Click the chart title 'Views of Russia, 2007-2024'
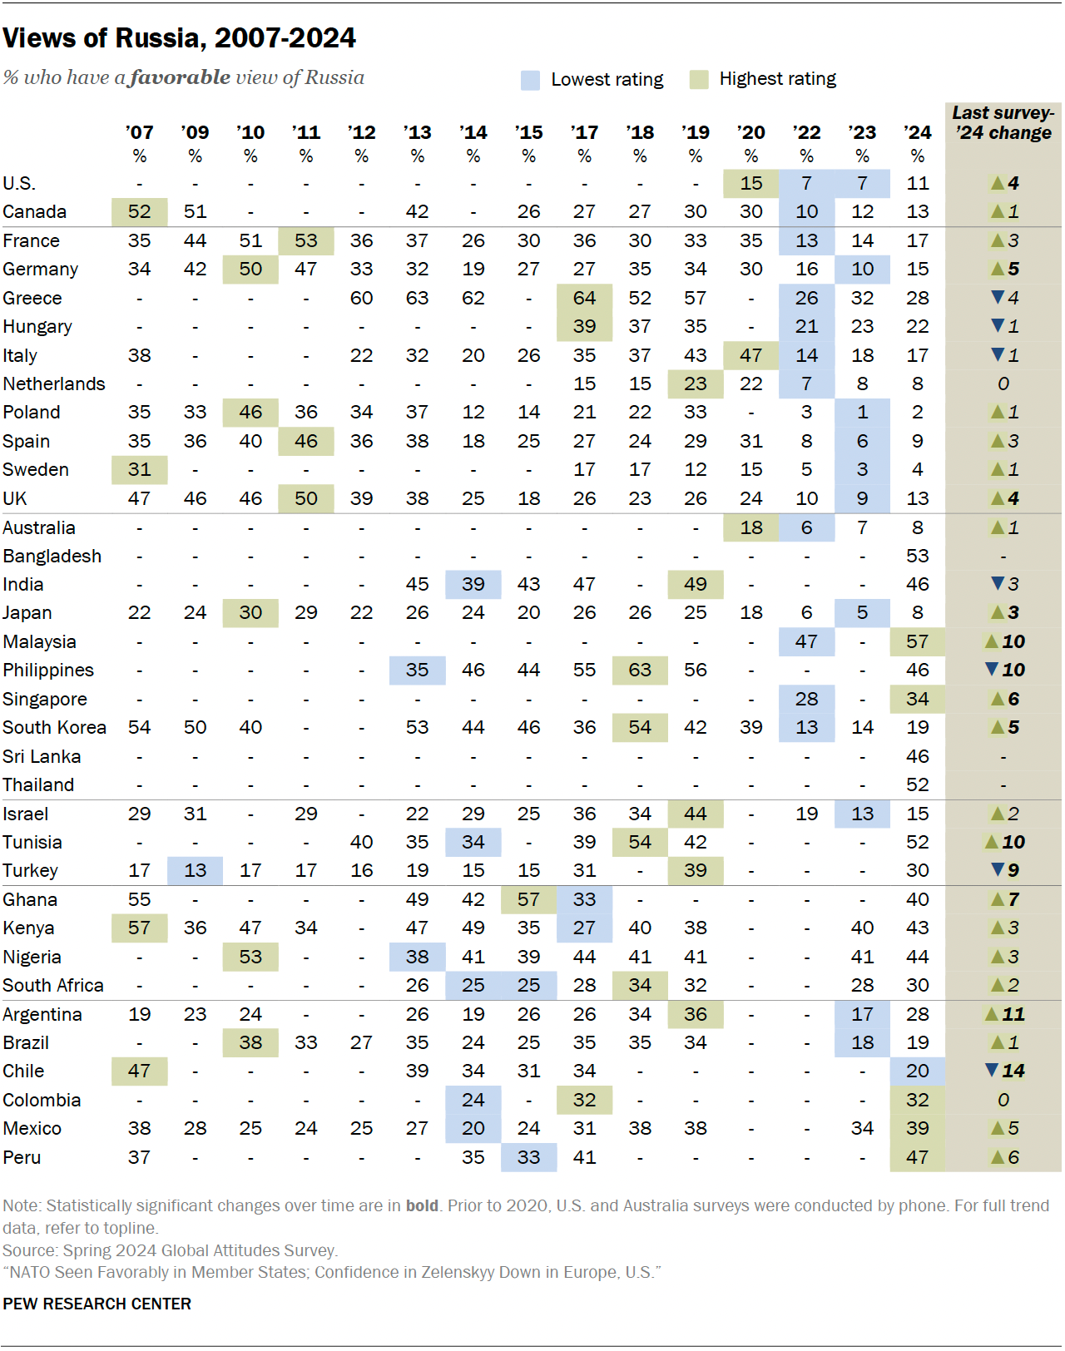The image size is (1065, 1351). (179, 38)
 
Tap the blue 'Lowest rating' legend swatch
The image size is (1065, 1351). (530, 80)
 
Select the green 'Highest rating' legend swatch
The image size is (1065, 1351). (699, 79)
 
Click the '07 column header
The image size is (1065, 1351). (139, 133)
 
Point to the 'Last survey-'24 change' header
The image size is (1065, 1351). (1003, 123)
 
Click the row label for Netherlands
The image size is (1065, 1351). (54, 384)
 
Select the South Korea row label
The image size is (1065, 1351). (54, 727)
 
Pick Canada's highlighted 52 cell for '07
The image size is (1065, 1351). (139, 211)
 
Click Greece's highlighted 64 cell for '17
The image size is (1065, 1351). (584, 298)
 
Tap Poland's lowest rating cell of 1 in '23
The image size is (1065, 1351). (862, 412)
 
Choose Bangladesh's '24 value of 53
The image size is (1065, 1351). (918, 556)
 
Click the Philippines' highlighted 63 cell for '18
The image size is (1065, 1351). (640, 670)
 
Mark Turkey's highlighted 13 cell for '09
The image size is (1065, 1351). (195, 870)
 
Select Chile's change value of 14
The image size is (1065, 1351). (1013, 1071)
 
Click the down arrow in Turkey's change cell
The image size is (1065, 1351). (998, 869)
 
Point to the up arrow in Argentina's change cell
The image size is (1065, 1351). (992, 1014)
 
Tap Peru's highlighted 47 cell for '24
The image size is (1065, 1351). (918, 1157)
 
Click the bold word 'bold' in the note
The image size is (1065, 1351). (422, 1205)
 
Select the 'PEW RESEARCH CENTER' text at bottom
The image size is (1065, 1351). (97, 1304)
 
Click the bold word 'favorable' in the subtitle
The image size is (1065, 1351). (181, 77)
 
